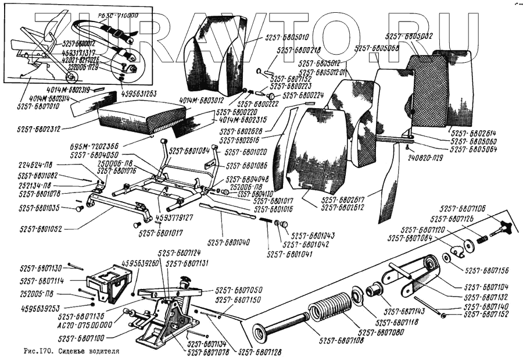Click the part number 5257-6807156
[487, 270]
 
